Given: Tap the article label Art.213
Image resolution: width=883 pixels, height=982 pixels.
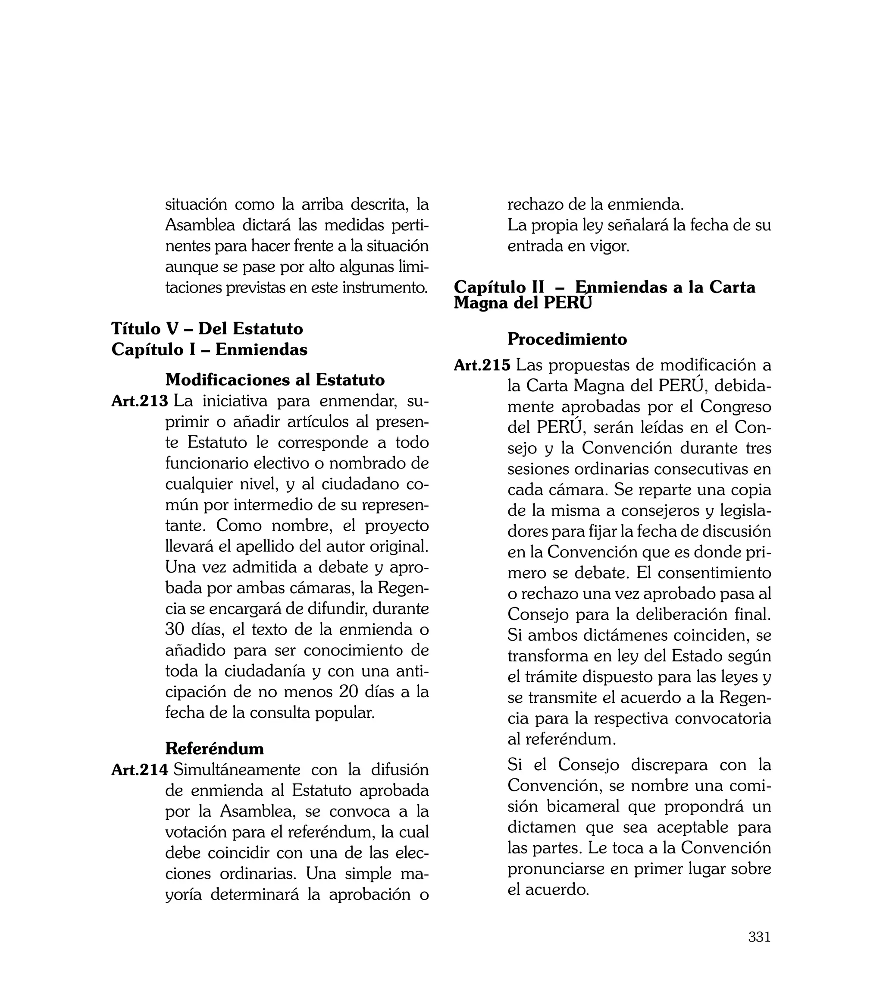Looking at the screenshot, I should pyautogui.click(x=140, y=401).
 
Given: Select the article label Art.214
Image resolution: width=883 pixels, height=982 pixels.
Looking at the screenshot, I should pyautogui.click(x=140, y=770).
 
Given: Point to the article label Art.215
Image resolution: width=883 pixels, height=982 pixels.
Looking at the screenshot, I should pyautogui.click(x=482, y=365).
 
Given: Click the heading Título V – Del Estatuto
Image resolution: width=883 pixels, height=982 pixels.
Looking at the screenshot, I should pyautogui.click(x=207, y=329).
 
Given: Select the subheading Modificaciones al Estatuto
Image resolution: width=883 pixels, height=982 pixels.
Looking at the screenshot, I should pyautogui.click(x=275, y=379).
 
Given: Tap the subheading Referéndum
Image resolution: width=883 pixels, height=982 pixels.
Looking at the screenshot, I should pyautogui.click(x=214, y=748).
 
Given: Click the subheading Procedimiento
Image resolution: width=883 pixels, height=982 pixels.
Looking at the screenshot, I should pyautogui.click(x=567, y=339).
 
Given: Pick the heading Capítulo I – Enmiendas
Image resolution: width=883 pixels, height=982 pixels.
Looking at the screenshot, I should pyautogui.click(x=209, y=349).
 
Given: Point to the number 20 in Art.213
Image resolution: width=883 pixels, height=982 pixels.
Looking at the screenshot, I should pyautogui.click(x=348, y=692).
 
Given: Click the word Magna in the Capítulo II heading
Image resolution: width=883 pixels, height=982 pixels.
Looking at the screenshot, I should pyautogui.click(x=479, y=303).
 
